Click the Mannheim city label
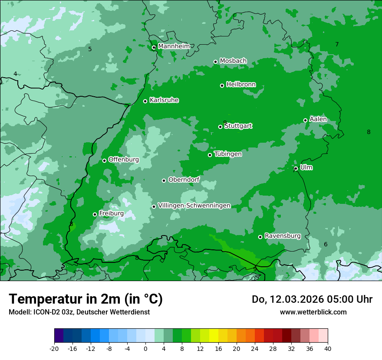[x=174, y=46]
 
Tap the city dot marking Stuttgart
[x=221, y=127]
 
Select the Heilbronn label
[x=241, y=85]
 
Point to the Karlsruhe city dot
[x=145, y=101]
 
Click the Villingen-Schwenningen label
[x=194, y=206]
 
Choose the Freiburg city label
[x=111, y=213]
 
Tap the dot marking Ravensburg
[x=260, y=237]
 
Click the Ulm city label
[x=306, y=167]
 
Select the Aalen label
[x=318, y=119]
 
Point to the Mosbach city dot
[x=215, y=62]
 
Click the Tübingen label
[x=228, y=154]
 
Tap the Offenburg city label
[x=124, y=160]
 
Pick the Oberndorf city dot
[x=164, y=180]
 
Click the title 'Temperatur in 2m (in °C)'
[x=86, y=299]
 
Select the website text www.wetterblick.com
[x=313, y=312]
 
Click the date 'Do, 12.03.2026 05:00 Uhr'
[x=312, y=299]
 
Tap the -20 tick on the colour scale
[x=54, y=348]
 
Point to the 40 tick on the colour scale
[x=327, y=348]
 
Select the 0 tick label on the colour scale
[x=145, y=348]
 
